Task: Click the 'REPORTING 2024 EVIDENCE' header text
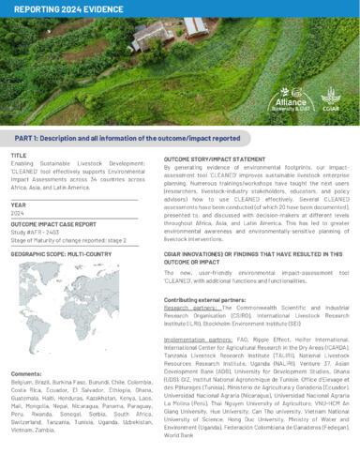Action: click(58, 8)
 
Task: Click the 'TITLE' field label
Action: click(20, 153)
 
